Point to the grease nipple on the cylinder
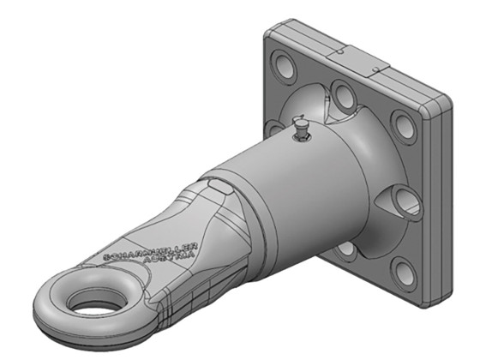(300, 129)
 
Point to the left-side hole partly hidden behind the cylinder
(273, 129)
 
